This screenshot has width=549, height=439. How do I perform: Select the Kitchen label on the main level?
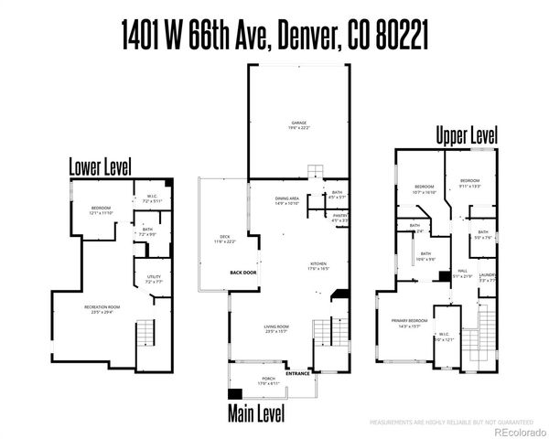pyautogui.click(x=318, y=267)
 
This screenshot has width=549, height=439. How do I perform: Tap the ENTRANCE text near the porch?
pyautogui.click(x=298, y=373)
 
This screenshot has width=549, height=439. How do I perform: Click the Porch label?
pyautogui.click(x=269, y=381)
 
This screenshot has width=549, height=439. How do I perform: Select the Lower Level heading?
pyautogui.click(x=101, y=166)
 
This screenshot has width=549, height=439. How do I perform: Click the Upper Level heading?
pyautogui.click(x=466, y=135)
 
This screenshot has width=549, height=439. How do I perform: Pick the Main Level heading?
pyautogui.click(x=257, y=414)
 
